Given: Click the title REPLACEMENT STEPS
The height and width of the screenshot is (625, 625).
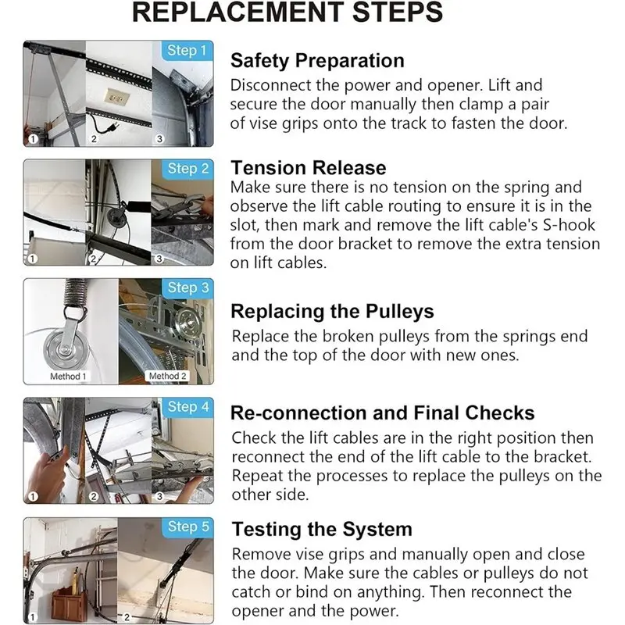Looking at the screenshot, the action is coord(287,12).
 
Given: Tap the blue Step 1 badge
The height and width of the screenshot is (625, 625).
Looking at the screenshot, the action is coord(187,51).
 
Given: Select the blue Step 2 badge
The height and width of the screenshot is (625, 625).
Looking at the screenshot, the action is coord(187,169).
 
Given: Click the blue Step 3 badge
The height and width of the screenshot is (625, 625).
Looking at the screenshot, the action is coord(187,287).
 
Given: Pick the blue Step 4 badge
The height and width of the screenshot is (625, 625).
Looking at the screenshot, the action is coord(187,407).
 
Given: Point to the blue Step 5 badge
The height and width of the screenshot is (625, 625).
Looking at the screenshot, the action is coord(187,527).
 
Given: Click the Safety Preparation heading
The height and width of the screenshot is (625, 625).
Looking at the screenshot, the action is coord(317,61).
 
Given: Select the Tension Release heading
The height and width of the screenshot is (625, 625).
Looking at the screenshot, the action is coord(309,168).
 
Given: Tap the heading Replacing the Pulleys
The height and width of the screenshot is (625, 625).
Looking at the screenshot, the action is coord(333,311).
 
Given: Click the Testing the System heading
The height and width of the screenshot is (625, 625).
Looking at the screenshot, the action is coord(322,530).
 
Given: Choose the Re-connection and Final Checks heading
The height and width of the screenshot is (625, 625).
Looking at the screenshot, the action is coord(383,413).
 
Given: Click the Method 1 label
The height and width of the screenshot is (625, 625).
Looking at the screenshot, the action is coord(68,377).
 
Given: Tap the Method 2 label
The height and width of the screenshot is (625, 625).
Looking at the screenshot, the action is coord(167,376).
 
